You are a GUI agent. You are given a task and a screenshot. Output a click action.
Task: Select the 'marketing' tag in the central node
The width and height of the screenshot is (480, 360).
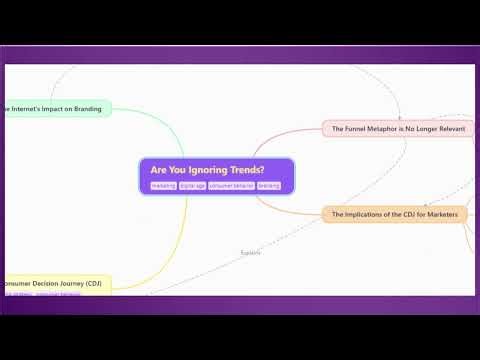[163, 186]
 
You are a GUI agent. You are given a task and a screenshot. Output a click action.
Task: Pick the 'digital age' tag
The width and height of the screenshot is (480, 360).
[193, 186]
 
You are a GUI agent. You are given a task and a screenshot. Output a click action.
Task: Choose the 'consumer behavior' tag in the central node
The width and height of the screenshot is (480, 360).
[231, 186]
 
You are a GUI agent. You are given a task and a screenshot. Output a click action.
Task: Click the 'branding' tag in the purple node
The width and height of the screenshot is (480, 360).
[269, 186]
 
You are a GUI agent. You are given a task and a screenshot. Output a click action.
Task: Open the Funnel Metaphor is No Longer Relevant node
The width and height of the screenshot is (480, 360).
[397, 128]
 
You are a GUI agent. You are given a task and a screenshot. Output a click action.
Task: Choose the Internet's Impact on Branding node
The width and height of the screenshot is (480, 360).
[55, 108]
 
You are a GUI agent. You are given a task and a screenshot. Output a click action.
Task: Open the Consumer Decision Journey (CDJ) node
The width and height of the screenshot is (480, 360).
[55, 283]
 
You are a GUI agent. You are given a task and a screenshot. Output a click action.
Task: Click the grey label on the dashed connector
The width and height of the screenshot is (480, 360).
[250, 252]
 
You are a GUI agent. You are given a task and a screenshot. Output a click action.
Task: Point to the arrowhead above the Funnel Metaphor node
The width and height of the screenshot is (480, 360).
[399, 115]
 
